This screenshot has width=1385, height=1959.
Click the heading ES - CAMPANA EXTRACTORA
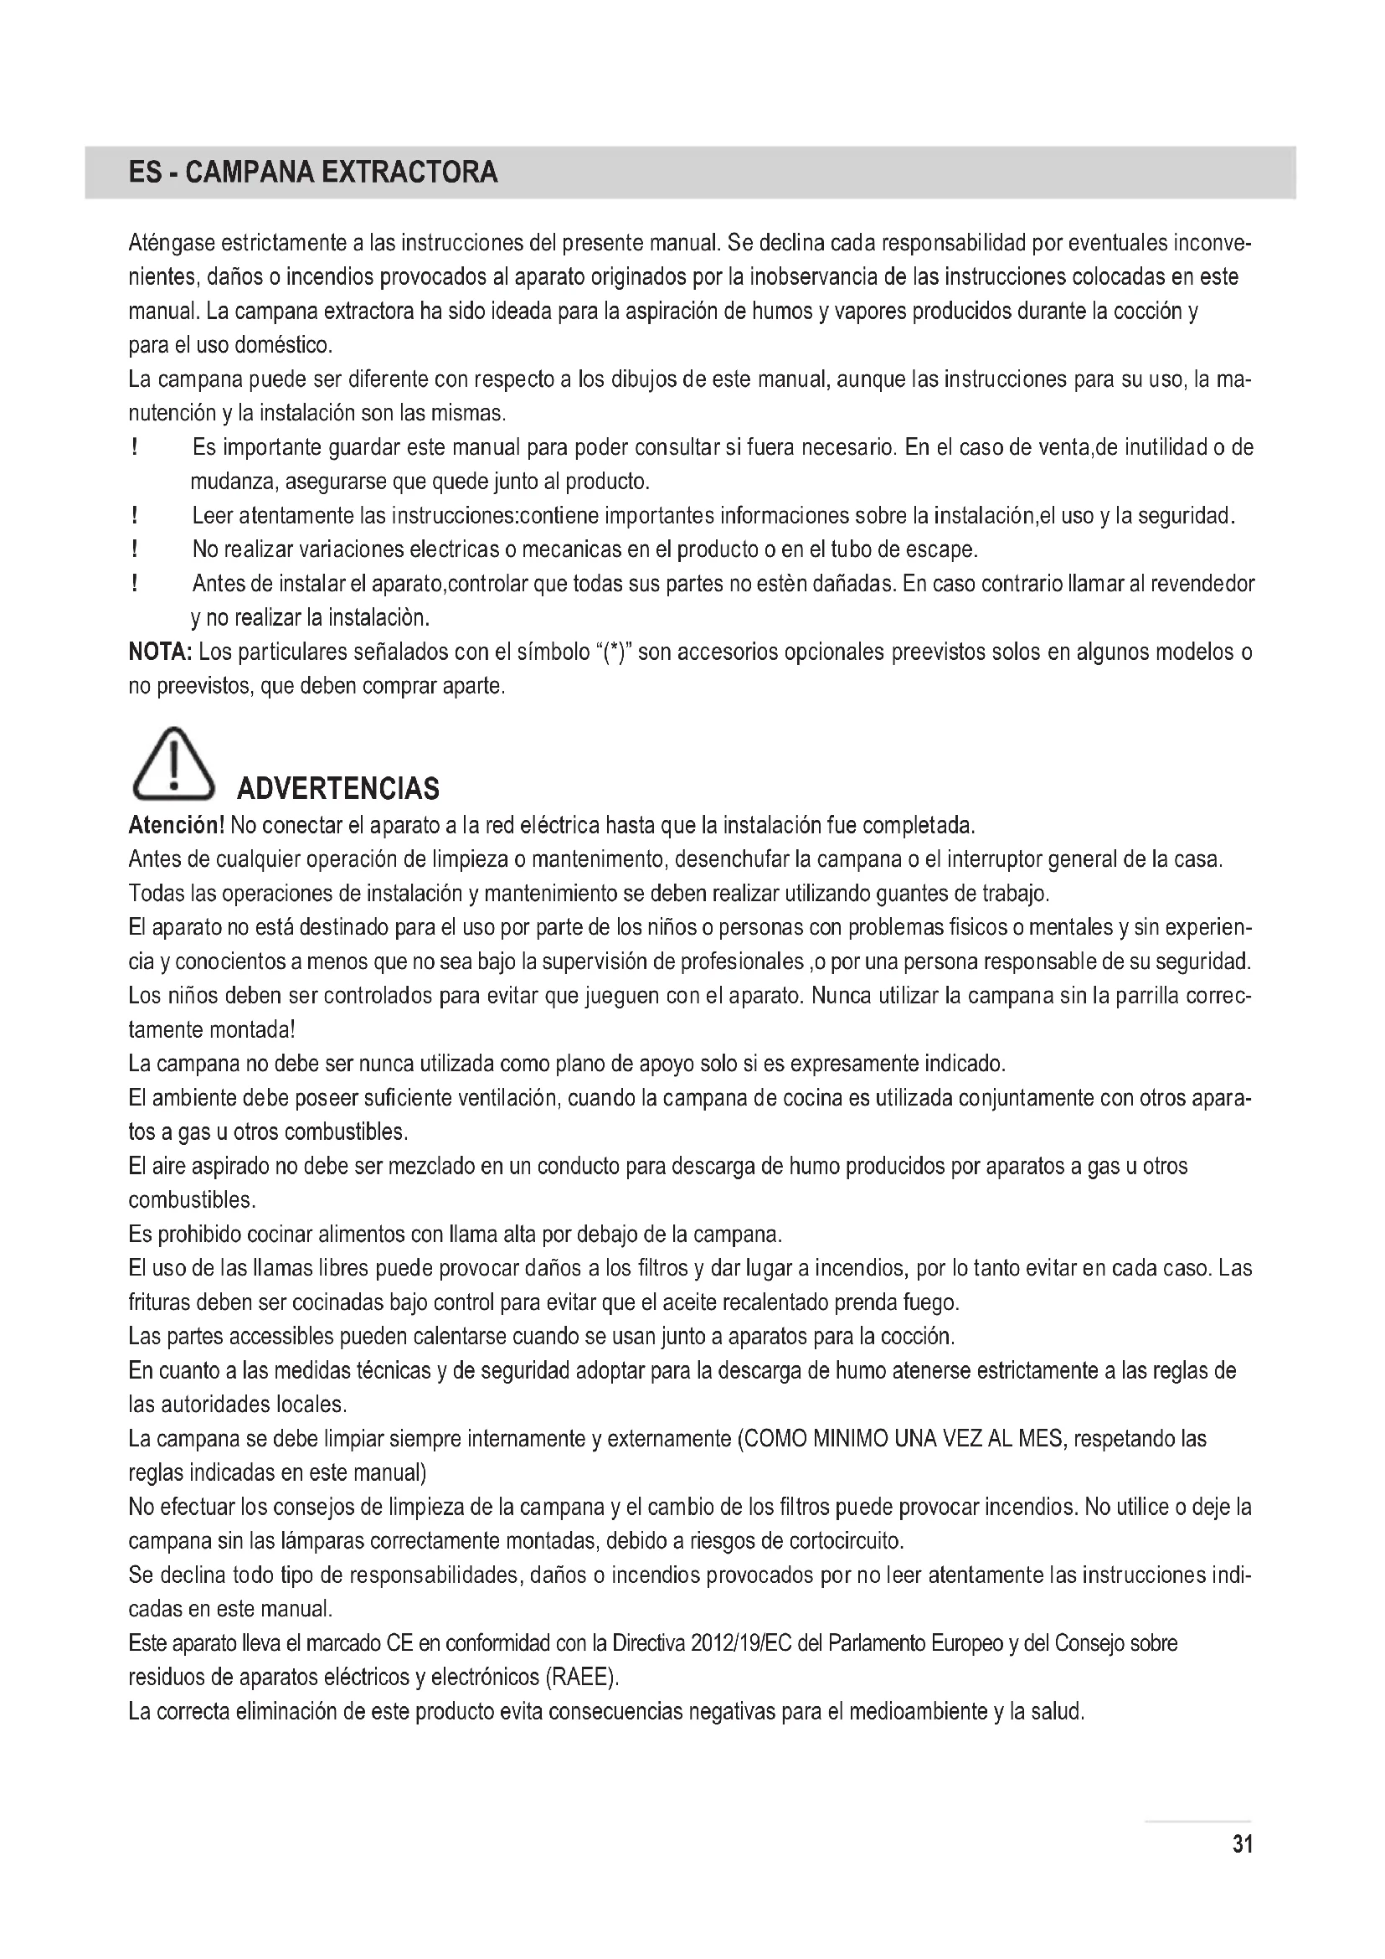[x=312, y=173]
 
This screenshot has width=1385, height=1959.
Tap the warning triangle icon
[x=173, y=765]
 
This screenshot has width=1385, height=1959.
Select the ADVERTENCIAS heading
[x=337, y=788]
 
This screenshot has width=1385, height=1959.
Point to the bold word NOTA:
[x=160, y=652]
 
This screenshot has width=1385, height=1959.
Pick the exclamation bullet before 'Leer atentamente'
[x=135, y=516]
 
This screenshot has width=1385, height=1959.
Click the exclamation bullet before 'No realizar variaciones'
[x=135, y=550]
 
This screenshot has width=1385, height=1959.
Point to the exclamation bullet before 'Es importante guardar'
[x=135, y=448]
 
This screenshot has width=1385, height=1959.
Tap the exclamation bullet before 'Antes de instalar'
[x=135, y=585]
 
